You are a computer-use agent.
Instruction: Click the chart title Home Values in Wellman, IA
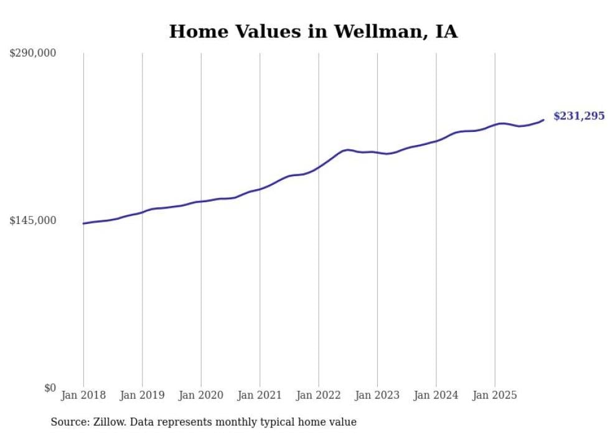click(x=313, y=32)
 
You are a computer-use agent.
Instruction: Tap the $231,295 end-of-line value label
click(x=578, y=116)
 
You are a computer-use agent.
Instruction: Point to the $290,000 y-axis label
click(x=32, y=53)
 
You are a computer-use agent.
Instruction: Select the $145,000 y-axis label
click(x=32, y=220)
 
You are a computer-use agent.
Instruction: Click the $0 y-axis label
click(x=50, y=388)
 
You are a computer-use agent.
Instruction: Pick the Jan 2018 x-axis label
click(x=83, y=395)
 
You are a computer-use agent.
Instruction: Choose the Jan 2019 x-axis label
click(x=142, y=395)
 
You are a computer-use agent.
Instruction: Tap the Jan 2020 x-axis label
click(x=201, y=395)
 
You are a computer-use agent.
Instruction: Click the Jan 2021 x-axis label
click(x=260, y=395)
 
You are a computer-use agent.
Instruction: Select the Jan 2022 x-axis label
click(x=319, y=395)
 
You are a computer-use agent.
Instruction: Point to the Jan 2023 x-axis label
click(x=377, y=395)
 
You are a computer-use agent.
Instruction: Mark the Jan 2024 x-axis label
click(x=436, y=395)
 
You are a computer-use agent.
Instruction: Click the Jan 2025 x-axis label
click(x=495, y=395)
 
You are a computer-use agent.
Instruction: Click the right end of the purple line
click(x=543, y=120)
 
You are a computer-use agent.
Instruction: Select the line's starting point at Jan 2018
click(x=83, y=223)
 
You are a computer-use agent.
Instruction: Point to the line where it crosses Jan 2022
click(x=319, y=166)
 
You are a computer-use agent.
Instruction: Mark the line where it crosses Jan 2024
click(x=436, y=141)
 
